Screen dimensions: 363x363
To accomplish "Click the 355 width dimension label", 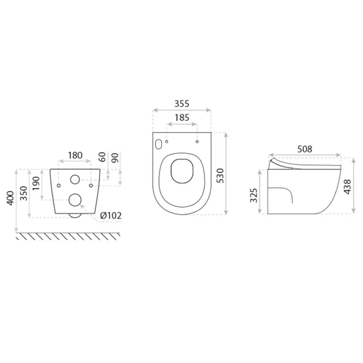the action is coord(182,104).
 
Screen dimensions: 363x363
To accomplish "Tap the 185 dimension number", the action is coord(182,117).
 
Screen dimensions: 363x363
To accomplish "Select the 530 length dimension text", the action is coord(221,176).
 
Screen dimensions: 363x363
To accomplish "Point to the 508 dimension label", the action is coord(305,149).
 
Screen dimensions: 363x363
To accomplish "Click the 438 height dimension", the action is coord(348,187).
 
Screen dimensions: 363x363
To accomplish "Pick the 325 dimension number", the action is coord(254,195).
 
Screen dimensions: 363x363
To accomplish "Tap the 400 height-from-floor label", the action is coord(10,198).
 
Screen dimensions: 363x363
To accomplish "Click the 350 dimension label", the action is coord(24,193).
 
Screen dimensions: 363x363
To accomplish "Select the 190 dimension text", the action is coord(37,183).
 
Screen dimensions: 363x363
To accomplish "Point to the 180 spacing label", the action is coord(75,155).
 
